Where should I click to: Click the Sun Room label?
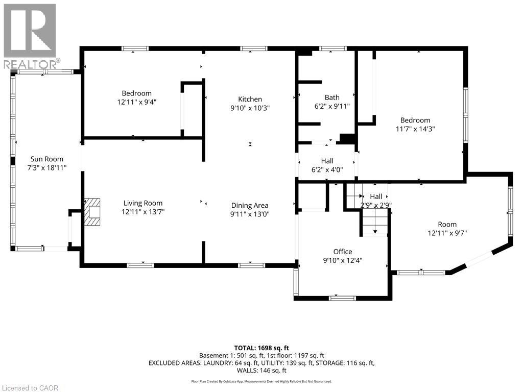tap(46, 159)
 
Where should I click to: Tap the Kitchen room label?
tap(250, 99)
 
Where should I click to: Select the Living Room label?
tap(143, 203)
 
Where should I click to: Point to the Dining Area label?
tap(250, 206)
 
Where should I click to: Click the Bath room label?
tap(332, 97)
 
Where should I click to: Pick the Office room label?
tap(343, 252)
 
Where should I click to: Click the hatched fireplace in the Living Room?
tap(92, 212)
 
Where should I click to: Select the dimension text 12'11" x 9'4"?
tap(137, 102)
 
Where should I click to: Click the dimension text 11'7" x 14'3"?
tap(415, 129)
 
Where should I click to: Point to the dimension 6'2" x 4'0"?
tap(327, 169)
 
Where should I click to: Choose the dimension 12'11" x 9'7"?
tap(447, 233)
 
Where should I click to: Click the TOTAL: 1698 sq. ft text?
tap(261, 348)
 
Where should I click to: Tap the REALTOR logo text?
tap(32, 64)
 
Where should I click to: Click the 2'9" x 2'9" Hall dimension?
tap(376, 205)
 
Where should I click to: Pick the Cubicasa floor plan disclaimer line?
tap(261, 381)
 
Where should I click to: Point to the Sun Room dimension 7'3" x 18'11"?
tap(47, 167)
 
